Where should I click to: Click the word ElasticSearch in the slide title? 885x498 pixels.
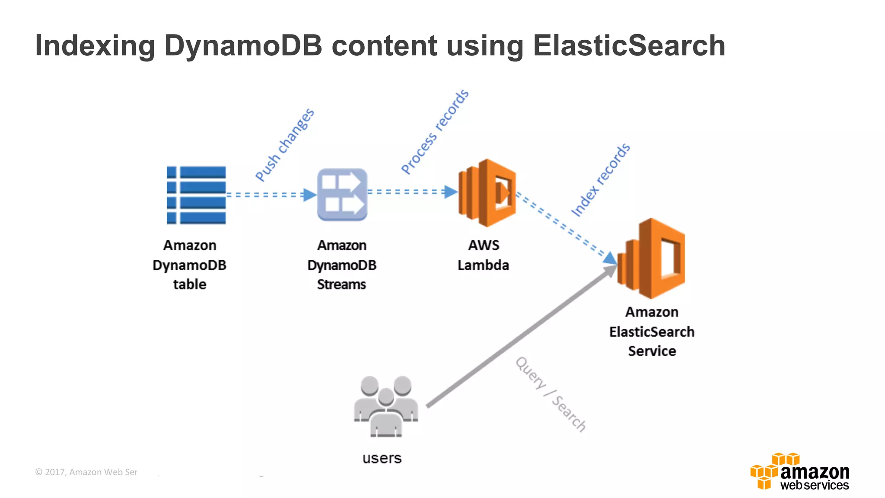(x=629, y=45)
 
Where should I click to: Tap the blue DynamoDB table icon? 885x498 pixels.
(x=196, y=195)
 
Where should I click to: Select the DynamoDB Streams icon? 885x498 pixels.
(x=342, y=195)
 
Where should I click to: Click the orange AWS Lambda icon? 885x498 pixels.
(x=487, y=193)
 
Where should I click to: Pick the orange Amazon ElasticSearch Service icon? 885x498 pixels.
(x=652, y=258)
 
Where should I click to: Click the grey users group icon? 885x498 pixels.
(x=385, y=406)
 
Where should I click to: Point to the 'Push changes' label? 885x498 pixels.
(x=284, y=145)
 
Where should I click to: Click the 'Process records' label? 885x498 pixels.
(x=435, y=132)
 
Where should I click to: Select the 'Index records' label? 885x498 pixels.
(x=601, y=180)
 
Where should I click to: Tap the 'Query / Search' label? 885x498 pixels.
(x=551, y=394)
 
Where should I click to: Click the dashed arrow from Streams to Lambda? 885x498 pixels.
(x=411, y=192)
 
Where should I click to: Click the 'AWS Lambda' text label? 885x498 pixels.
(x=483, y=255)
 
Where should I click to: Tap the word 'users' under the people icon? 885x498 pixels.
(x=382, y=458)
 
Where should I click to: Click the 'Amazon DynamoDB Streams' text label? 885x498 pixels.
(x=341, y=265)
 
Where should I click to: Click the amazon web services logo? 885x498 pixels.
(x=800, y=472)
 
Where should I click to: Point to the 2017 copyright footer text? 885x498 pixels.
(x=86, y=472)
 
